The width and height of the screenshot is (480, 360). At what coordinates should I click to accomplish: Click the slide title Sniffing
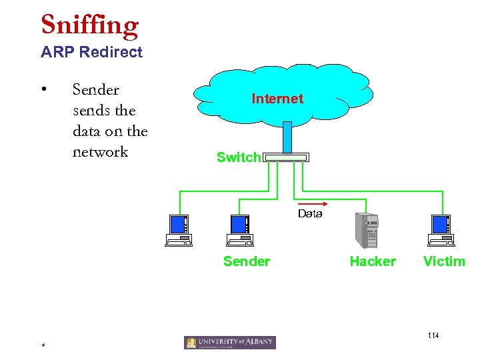tap(89, 25)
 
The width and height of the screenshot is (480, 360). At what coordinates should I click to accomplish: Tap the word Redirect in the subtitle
tap(110, 52)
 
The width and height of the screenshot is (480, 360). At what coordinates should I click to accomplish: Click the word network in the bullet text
tap(100, 151)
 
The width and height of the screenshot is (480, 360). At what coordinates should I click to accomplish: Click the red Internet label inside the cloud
tap(277, 99)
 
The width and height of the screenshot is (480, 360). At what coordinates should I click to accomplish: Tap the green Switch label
tap(238, 157)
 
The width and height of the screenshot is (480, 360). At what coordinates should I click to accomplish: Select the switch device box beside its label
tap(286, 158)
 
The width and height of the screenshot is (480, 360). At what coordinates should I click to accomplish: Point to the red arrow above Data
tap(309, 203)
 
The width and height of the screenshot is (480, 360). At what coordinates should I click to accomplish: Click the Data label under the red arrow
tap(310, 214)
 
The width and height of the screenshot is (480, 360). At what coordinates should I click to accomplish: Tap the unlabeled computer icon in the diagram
tap(178, 231)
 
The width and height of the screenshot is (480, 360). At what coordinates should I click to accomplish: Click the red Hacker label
tap(373, 261)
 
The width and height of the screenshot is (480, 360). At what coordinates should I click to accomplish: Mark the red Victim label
tap(444, 261)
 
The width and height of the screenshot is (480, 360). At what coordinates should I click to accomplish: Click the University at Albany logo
tap(230, 343)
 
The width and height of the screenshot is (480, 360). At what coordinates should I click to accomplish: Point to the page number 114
tap(433, 335)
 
